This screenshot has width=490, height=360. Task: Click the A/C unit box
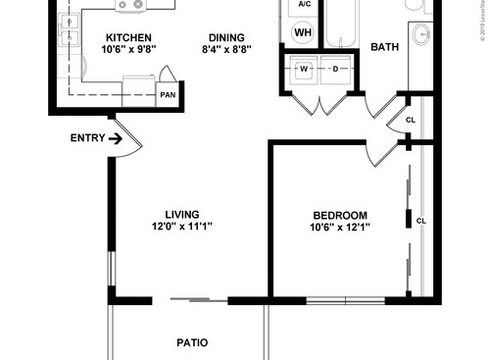(304, 5)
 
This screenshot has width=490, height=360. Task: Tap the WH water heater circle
(304, 31)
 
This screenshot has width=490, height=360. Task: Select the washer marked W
(304, 69)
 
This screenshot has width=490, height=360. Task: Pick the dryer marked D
(334, 69)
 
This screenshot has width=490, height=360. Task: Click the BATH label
(384, 47)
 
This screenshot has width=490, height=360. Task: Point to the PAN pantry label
(168, 95)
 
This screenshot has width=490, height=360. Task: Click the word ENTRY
(87, 138)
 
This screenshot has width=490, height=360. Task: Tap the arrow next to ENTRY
(115, 138)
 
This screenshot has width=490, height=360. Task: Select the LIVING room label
(181, 214)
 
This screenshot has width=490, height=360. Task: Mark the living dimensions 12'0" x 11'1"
(181, 227)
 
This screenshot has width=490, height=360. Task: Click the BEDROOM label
(340, 216)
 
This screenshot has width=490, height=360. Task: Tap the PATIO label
(192, 343)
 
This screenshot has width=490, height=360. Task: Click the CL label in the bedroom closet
(420, 221)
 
